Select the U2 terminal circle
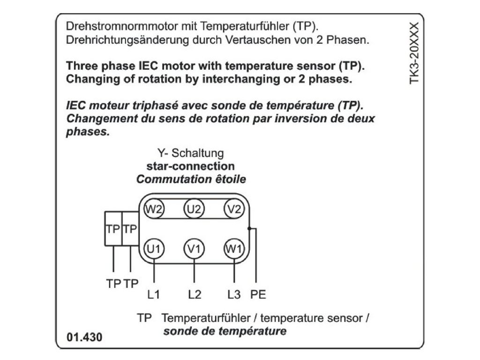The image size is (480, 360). tap(194, 209)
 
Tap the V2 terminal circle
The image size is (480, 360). tap(234, 209)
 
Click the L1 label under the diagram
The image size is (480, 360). tap(154, 295)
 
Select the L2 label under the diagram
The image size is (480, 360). tap(195, 295)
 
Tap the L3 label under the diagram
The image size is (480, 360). tap(234, 295)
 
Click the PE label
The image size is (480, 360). tap(258, 295)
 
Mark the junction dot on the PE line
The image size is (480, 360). tap(250, 229)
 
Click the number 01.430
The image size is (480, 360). tap(84, 337)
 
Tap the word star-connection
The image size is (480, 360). tap(190, 166)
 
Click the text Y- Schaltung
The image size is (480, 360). tap(190, 153)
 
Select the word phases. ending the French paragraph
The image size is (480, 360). tap(88, 132)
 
